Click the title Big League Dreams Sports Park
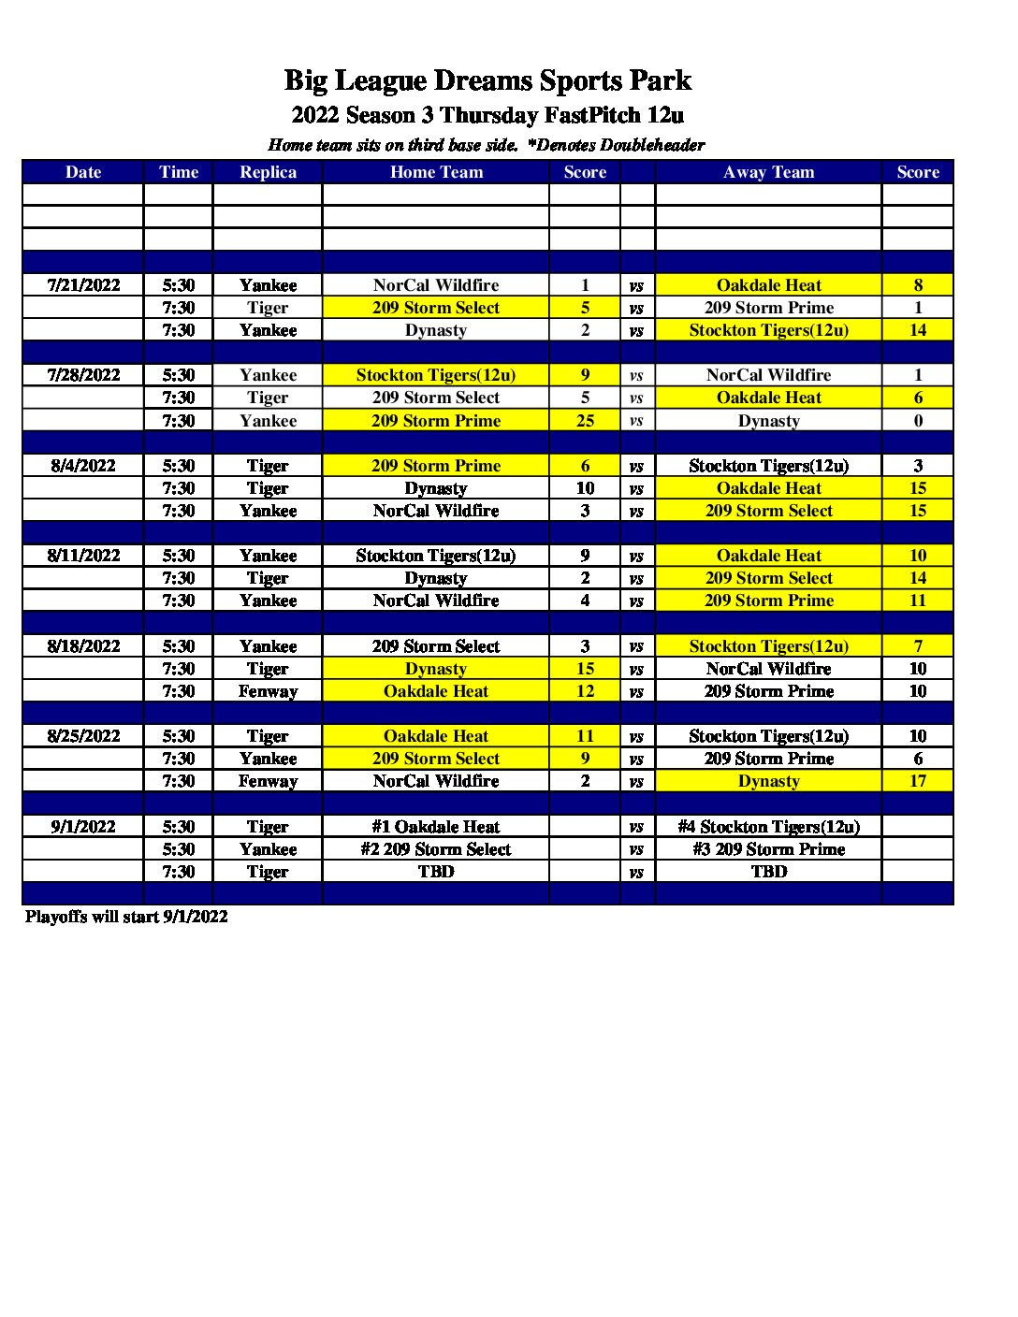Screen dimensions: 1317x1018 point(487,80)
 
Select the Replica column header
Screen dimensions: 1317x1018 point(268,172)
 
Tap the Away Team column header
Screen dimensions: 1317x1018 point(768,172)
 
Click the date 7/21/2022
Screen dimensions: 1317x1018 point(83,285)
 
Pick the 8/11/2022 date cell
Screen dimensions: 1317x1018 point(83,556)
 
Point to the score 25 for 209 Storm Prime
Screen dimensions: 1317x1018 point(585,421)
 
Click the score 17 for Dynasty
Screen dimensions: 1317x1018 point(917,781)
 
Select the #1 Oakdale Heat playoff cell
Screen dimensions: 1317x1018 point(436,827)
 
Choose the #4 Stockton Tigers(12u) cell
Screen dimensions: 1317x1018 point(768,827)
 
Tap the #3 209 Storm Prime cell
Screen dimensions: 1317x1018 point(768,849)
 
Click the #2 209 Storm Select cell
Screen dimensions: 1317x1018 point(436,849)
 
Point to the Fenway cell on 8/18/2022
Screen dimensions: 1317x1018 point(268,691)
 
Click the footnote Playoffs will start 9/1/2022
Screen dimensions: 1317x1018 point(126,917)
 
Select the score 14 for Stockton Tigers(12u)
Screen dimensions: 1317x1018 point(917,330)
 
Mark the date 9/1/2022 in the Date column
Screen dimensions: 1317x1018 point(83,827)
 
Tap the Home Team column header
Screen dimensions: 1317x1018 point(436,172)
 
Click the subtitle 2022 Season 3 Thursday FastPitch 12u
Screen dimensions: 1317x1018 point(487,115)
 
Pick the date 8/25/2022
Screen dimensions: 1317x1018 point(83,736)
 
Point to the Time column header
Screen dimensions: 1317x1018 point(179,172)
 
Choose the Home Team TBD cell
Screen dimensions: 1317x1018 point(436,872)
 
